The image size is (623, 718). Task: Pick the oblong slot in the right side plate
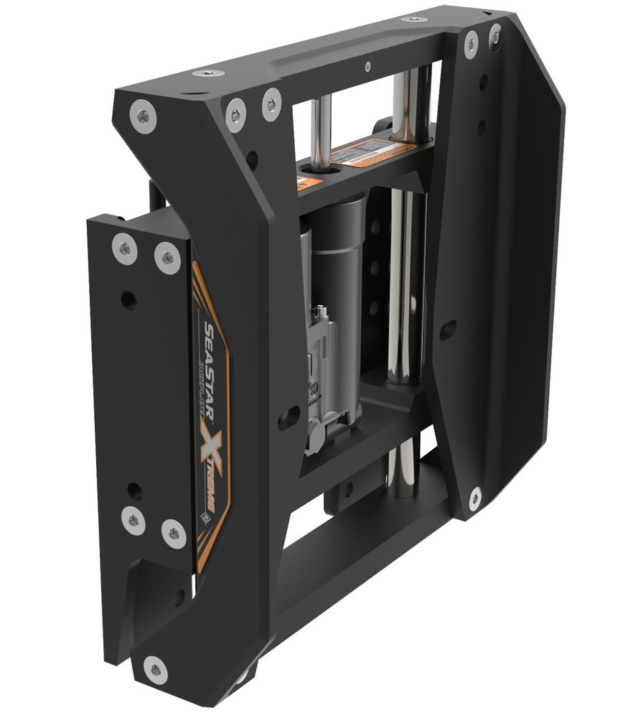coord(447,330)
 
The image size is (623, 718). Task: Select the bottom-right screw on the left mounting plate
coord(173,533)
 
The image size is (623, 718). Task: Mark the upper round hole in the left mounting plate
coord(128,300)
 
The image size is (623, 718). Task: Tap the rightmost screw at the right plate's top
coord(495,34)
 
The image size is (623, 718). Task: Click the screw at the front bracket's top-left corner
coord(144,115)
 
